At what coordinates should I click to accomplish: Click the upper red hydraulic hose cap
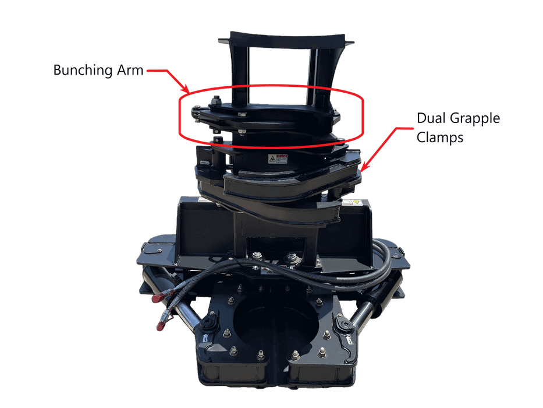pos(158,298)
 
